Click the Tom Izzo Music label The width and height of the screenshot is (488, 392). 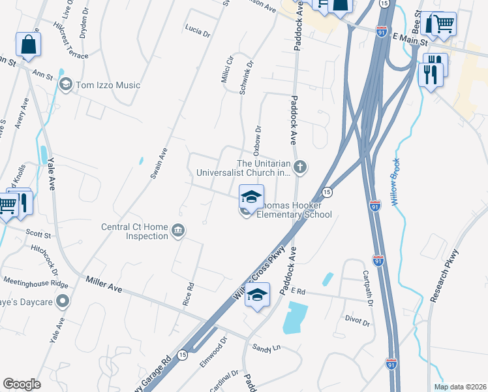[x=108, y=85]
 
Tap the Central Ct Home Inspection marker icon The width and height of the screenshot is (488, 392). [x=177, y=230]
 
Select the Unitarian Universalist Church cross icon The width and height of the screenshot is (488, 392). [x=299, y=167]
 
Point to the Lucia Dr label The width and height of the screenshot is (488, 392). [x=198, y=30]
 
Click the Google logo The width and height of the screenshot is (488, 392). [x=22, y=384]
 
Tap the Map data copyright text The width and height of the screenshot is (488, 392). [x=459, y=387]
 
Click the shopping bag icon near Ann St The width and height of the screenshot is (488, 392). [x=28, y=44]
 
